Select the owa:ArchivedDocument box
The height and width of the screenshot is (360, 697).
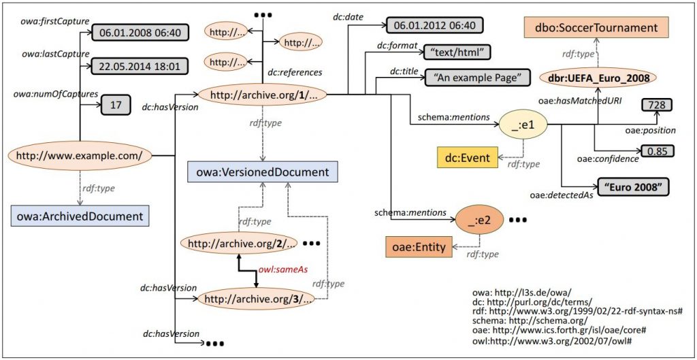coord(80,216)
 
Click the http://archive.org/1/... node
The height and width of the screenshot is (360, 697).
coord(262,95)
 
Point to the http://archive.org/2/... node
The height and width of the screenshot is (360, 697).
coord(239,242)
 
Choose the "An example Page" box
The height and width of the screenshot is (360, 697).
coord(477,77)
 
